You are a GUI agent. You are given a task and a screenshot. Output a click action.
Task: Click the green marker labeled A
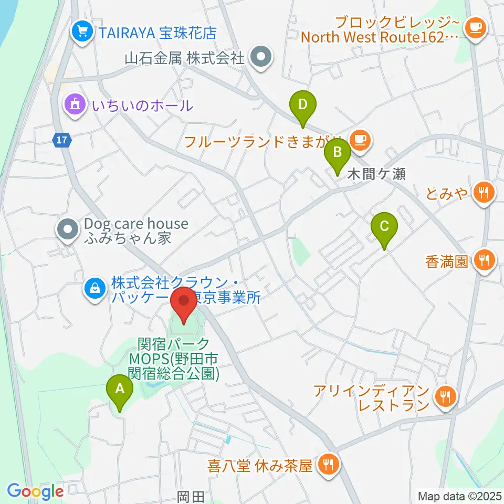(x=120, y=390)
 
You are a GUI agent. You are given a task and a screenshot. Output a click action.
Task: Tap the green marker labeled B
(x=338, y=153)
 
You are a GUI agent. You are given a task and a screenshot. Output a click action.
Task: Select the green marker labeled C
(x=384, y=227)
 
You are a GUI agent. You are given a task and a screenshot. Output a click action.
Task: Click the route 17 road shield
(x=61, y=140)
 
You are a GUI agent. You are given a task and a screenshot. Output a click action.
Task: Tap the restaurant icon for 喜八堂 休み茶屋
(x=329, y=465)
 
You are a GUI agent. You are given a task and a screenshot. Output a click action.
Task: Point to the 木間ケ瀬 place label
(x=376, y=175)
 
